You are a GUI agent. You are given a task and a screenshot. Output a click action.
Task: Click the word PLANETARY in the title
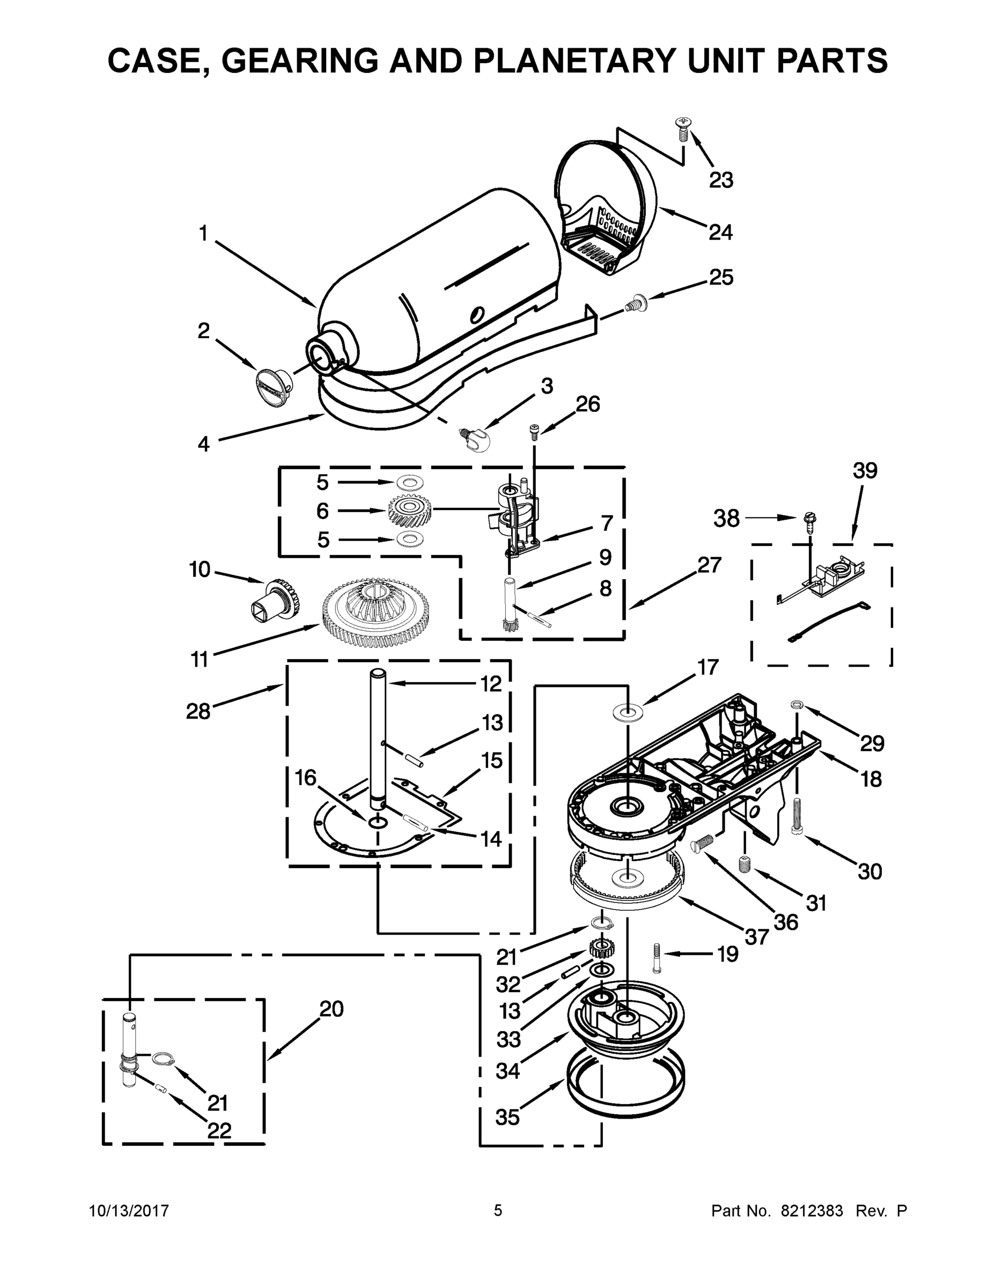point(570,60)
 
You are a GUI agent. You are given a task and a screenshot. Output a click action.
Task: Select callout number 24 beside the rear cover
point(720,232)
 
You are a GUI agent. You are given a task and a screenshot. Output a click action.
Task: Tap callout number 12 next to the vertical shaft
point(490,684)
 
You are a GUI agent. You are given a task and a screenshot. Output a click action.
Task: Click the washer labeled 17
point(628,713)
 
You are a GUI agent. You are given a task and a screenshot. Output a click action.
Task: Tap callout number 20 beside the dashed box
point(331,1009)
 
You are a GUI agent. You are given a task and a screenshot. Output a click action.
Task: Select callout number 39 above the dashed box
point(865,470)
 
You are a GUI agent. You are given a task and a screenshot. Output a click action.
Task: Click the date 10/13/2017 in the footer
point(129,1210)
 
